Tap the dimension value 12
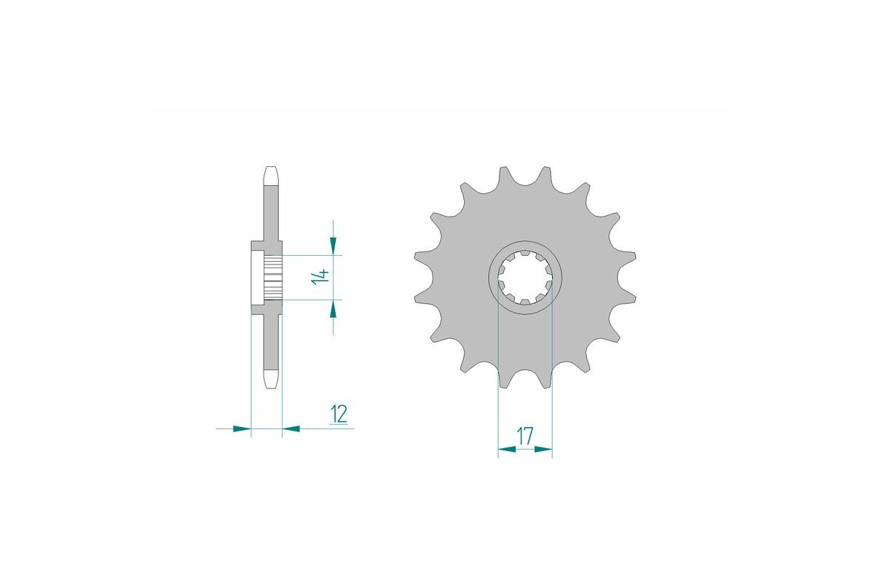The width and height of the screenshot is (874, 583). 338,414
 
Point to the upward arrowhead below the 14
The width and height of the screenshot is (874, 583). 334,309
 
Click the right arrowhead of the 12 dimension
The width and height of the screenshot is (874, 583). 291,429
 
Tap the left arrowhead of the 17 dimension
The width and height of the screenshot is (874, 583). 507,450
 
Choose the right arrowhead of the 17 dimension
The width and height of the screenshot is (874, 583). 543,450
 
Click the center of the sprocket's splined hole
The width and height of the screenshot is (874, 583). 524,277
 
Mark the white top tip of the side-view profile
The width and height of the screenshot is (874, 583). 270,175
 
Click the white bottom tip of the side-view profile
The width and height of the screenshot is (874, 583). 270,380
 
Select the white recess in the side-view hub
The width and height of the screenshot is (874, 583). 256,277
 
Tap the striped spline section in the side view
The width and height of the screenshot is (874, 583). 272,278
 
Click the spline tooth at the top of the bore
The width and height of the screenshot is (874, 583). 524,256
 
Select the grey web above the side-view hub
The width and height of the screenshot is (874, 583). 270,211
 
